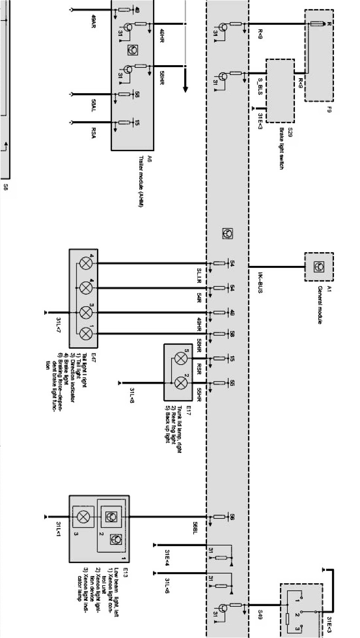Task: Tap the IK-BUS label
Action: coord(260,283)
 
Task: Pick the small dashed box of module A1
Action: coord(319,266)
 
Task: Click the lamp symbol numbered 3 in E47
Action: coord(86,312)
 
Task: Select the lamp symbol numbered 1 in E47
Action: coord(86,333)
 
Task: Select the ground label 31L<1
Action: coord(58,530)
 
